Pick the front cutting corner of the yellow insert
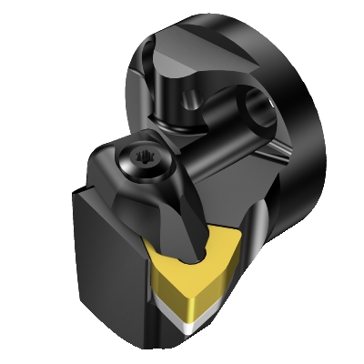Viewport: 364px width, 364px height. [186, 314]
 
